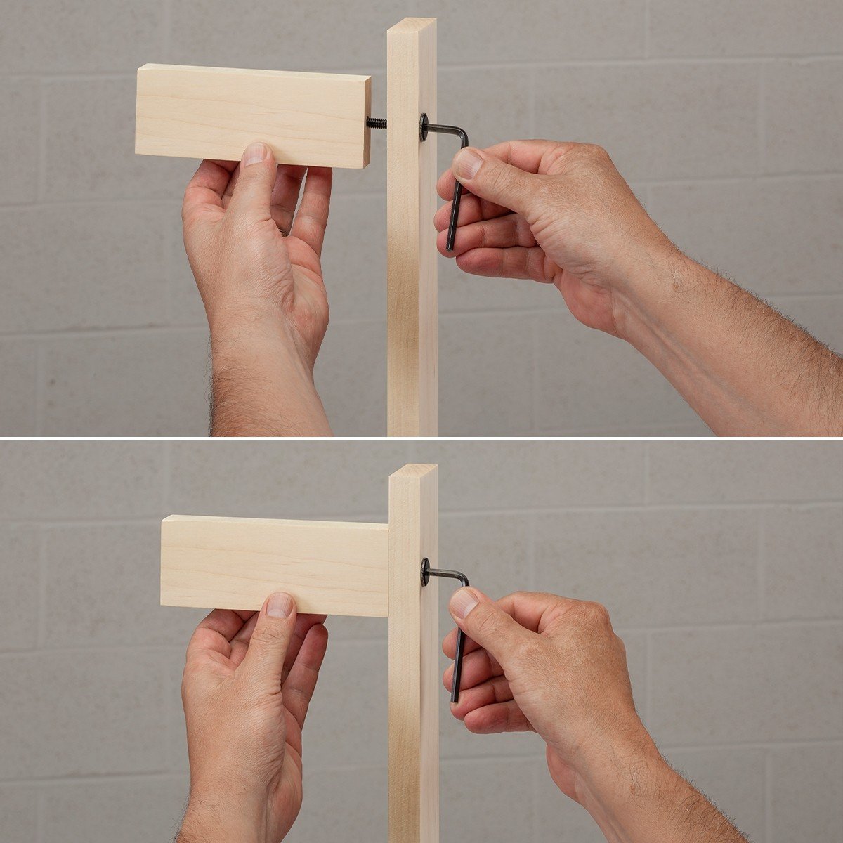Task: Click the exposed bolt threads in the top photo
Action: pos(377,123)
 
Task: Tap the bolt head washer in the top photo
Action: pos(424,127)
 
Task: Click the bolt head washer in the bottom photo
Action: pos(425,572)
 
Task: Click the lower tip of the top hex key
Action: pos(450,247)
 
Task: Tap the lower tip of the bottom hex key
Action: pos(455,698)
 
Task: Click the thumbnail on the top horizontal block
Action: pos(255,154)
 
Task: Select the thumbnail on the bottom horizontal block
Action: pos(280,605)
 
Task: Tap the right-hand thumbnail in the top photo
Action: pos(467,164)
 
